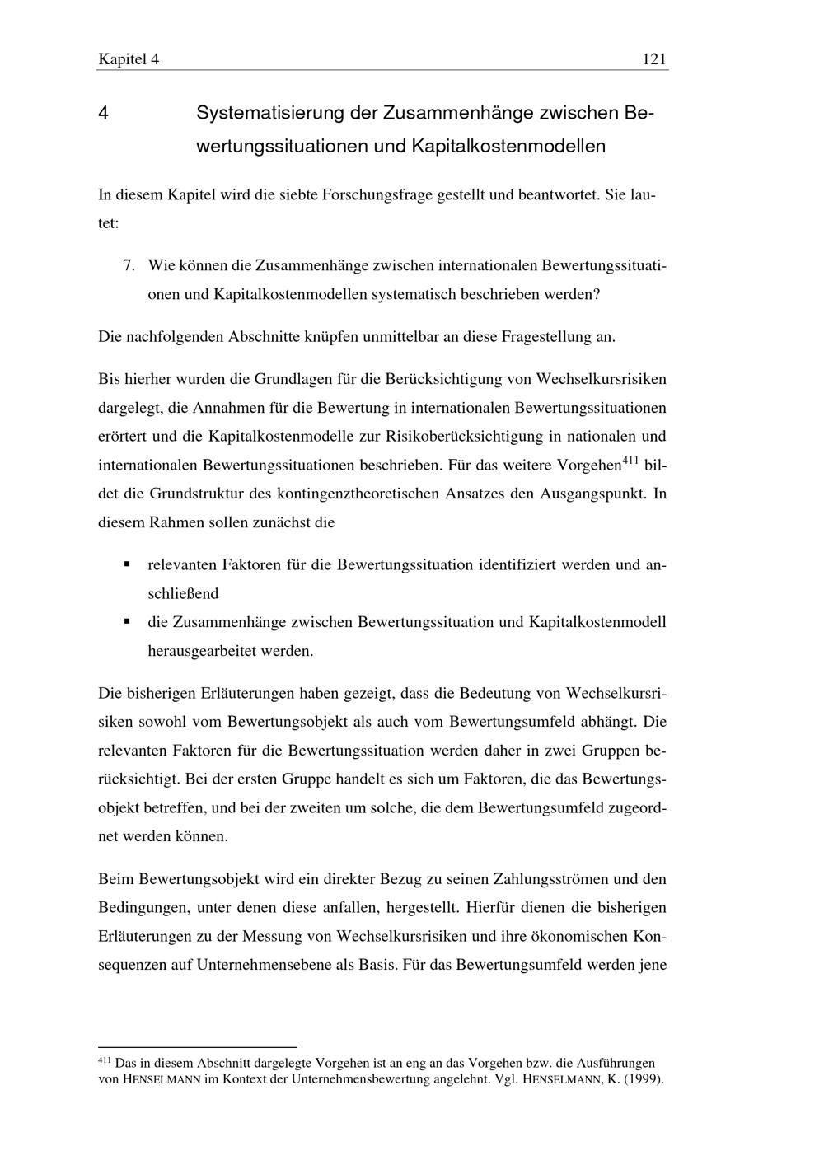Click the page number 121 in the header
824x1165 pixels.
pos(653,59)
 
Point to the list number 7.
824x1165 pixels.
pos(129,265)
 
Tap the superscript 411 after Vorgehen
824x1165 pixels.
pos(631,460)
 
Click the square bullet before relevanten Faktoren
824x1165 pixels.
pos(127,564)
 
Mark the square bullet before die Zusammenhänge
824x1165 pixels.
pos(127,621)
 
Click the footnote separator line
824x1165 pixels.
pos(197,1047)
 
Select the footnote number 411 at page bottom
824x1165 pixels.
pos(104,1060)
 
